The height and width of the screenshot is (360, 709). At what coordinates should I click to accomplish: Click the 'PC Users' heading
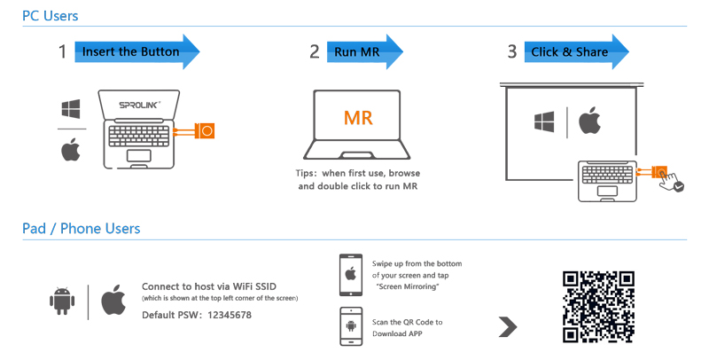pos(50,16)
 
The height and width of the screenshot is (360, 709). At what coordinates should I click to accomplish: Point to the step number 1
pos(62,51)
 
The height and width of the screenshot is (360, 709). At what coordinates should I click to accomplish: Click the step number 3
pos(511,51)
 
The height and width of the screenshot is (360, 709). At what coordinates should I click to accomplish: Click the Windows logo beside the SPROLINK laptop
pos(72,110)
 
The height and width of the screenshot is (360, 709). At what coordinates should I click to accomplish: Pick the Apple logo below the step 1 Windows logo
pos(72,150)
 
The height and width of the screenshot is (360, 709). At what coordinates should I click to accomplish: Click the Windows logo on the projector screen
pos(544,121)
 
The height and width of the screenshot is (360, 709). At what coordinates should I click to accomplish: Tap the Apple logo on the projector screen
pos(590,121)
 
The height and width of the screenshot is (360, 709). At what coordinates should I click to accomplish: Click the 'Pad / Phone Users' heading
pos(81,229)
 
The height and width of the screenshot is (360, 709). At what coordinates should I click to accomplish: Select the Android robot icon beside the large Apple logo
pos(61,301)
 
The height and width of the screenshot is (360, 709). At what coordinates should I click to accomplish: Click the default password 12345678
pos(222,316)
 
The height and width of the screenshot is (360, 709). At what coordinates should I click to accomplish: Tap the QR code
pos(600,304)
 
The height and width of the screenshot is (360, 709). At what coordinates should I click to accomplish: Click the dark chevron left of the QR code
pos(508,325)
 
